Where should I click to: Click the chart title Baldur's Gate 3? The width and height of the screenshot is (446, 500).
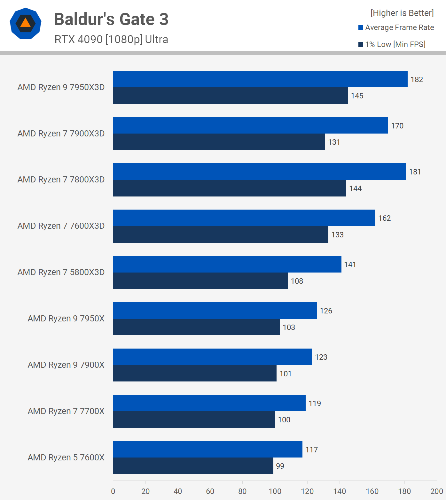point(111,19)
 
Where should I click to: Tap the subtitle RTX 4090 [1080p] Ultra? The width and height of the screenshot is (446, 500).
point(111,39)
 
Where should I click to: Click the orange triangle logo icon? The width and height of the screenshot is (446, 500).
point(26,23)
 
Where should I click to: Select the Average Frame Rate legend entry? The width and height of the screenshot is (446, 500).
point(396,27)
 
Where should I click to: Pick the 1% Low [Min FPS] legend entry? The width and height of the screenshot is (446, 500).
point(392,44)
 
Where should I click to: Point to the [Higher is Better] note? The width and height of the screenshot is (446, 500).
point(402,13)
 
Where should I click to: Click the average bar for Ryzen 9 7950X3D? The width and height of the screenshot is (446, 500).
point(260,79)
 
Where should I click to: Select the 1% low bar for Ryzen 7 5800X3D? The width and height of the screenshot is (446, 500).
point(200,281)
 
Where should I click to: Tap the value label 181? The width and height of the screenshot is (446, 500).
point(415,172)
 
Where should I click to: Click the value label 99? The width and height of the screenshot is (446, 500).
point(280,466)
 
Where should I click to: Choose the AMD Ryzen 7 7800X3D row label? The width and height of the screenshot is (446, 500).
point(61,180)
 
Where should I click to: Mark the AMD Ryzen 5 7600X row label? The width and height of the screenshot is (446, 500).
point(66,458)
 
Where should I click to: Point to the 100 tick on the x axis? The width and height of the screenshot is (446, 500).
point(275,491)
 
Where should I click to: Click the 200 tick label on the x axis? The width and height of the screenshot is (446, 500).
point(437,491)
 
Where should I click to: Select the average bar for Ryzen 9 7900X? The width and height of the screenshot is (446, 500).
point(212,357)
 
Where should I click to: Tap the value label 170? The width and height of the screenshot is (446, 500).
point(397,126)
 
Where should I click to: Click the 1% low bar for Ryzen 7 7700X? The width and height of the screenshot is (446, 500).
point(194,419)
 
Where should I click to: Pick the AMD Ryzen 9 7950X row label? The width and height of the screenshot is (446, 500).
point(66,319)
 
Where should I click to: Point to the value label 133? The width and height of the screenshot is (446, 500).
point(338,235)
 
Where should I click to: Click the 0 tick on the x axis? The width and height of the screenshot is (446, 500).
point(113,491)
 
